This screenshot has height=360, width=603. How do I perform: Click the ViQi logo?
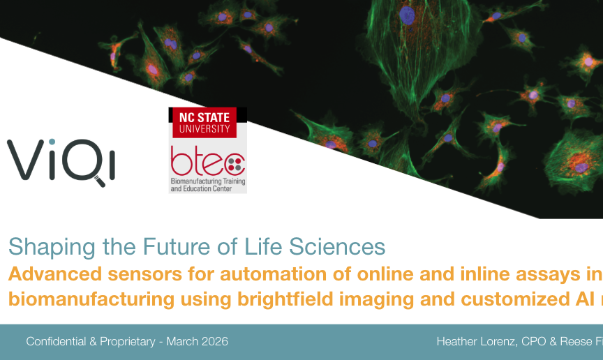[61, 163]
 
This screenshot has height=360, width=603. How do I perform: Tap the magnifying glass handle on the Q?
[100, 181]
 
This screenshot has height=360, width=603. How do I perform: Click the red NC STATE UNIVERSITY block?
[204, 123]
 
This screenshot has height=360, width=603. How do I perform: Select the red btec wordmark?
[208, 160]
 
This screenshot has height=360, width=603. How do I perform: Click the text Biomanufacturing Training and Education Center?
[208, 185]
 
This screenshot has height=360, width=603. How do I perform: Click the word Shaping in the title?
[52, 247]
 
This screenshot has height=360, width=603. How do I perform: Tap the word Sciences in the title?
[337, 246]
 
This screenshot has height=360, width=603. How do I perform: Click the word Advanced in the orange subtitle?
[55, 274]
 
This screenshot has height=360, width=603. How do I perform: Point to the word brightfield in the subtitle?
[285, 299]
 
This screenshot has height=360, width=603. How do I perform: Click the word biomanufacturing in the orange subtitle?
[91, 299]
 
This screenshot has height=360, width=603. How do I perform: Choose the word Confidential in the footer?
[56, 342]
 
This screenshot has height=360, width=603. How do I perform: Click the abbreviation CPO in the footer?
[533, 342]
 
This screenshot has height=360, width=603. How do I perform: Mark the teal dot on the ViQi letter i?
[52, 142]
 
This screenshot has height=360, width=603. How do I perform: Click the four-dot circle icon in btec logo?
[234, 164]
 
